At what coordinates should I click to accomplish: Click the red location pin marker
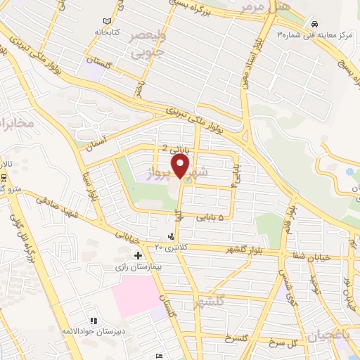tap(181, 166)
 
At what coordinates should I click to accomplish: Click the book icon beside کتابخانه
tap(106, 22)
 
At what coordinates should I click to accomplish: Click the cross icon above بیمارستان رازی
tap(138, 255)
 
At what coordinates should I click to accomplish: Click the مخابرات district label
tap(14, 124)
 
